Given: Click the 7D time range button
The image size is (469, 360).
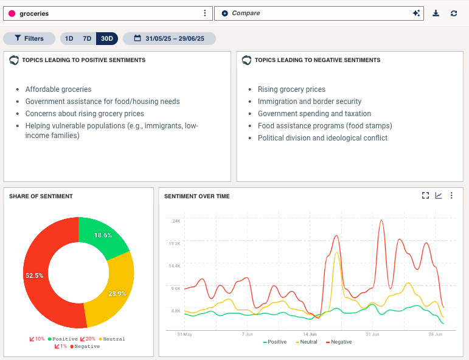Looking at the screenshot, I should pyautogui.click(x=87, y=38).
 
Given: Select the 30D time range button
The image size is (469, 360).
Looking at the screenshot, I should pyautogui.click(x=107, y=38).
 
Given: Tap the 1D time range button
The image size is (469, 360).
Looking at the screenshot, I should pyautogui.click(x=69, y=38).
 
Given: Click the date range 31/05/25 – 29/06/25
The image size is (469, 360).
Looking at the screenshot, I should pyautogui.click(x=169, y=38).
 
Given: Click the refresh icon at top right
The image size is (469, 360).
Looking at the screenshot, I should pyautogui.click(x=454, y=13).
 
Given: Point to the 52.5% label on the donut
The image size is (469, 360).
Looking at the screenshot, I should pyautogui.click(x=34, y=275).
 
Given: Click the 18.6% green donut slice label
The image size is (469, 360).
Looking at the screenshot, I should pyautogui.click(x=103, y=235).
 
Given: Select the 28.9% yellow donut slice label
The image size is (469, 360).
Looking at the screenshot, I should pyautogui.click(x=117, y=293).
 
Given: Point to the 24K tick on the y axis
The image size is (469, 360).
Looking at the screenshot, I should pyautogui.click(x=176, y=221).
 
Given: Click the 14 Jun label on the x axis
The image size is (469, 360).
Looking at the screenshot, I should pyautogui.click(x=310, y=334).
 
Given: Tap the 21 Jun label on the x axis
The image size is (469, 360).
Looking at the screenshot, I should pyautogui.click(x=372, y=334).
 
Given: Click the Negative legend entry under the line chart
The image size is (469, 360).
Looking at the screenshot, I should pyautogui.click(x=338, y=342).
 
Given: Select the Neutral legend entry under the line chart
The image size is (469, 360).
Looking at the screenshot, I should pyautogui.click(x=306, y=342).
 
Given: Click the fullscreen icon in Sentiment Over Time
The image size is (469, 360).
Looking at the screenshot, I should pyautogui.click(x=426, y=196).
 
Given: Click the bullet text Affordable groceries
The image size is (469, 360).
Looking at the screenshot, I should pyautogui.click(x=58, y=89).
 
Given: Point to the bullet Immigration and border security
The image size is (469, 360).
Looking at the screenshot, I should pyautogui.click(x=309, y=102).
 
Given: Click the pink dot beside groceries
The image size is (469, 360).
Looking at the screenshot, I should pyautogui.click(x=12, y=13).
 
